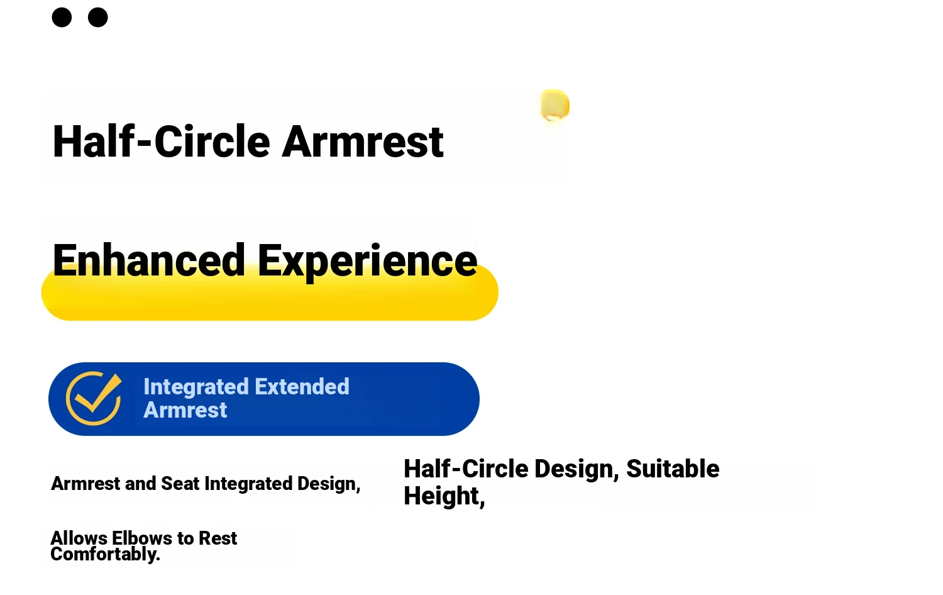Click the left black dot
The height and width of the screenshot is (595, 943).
click(x=62, y=17)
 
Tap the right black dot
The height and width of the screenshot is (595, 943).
click(x=97, y=17)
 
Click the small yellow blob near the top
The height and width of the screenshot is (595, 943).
click(x=555, y=104)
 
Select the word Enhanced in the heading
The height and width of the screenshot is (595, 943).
click(x=148, y=260)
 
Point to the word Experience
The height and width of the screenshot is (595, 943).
click(x=367, y=262)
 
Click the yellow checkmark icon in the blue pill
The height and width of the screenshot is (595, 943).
click(x=94, y=398)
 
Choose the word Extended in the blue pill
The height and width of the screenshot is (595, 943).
click(x=301, y=386)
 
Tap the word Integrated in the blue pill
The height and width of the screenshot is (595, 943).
click(x=196, y=387)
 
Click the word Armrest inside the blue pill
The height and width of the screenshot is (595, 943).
click(x=185, y=409)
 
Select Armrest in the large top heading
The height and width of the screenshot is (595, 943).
click(x=363, y=142)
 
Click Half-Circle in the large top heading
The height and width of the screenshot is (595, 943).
click(x=161, y=141)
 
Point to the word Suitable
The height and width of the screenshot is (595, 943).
click(x=673, y=469)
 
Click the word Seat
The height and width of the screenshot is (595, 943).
click(x=180, y=484)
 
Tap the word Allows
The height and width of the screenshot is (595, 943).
click(x=79, y=538)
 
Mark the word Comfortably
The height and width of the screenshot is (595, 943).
click(x=105, y=554)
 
